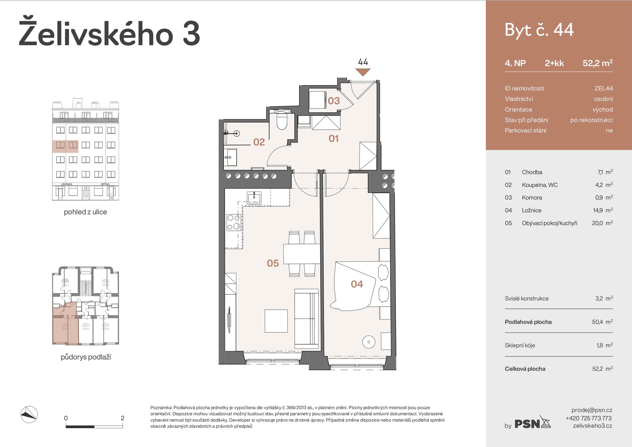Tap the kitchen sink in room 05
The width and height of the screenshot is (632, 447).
pyautogui.click(x=254, y=198)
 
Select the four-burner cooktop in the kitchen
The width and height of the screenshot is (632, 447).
pyautogui.click(x=234, y=222)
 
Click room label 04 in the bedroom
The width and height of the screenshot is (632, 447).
pyautogui.click(x=357, y=284)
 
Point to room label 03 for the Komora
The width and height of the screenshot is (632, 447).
pyautogui.click(x=333, y=101)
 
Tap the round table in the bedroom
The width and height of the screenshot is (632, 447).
pyautogui.click(x=369, y=342)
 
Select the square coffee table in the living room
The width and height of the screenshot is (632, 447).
pyautogui.click(x=276, y=321)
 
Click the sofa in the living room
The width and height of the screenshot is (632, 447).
pyautogui.click(x=306, y=319)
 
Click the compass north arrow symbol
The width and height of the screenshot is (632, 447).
pyautogui.click(x=29, y=414)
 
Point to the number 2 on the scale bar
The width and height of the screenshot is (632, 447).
pyautogui.click(x=122, y=418)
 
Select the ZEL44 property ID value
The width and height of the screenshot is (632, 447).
pyautogui.click(x=603, y=88)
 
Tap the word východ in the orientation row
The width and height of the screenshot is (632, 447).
pyautogui.click(x=602, y=109)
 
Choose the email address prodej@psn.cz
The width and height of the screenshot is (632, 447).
pyautogui.click(x=592, y=410)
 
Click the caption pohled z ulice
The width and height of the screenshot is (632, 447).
pyautogui.click(x=85, y=212)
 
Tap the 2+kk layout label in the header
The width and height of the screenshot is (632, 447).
pyautogui.click(x=554, y=63)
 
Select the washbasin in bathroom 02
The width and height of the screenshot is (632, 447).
pyautogui.click(x=230, y=157)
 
